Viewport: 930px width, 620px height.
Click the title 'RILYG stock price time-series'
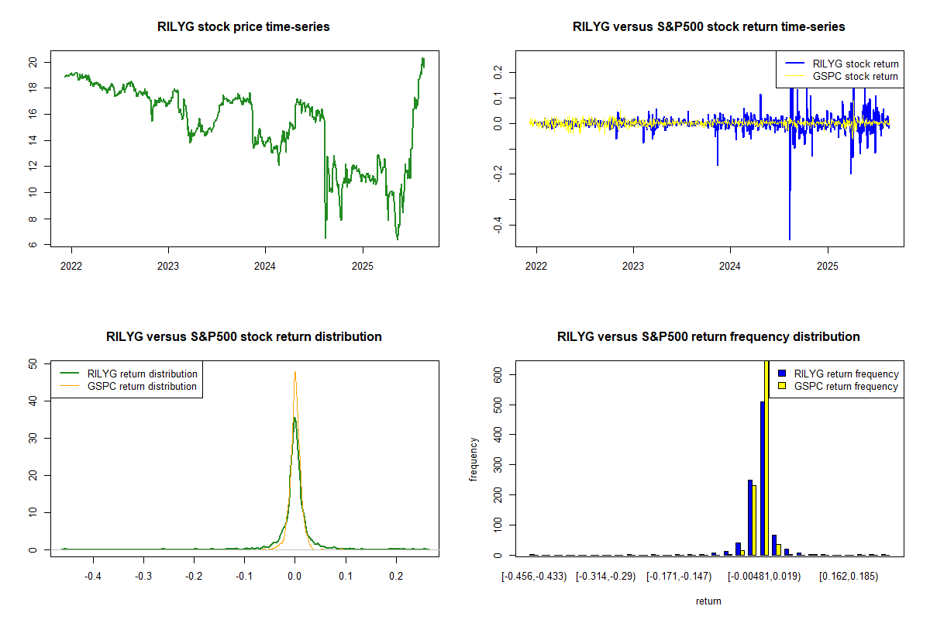(x=244, y=27)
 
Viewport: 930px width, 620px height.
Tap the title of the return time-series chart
(x=708, y=27)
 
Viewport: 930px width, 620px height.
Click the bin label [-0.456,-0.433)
(x=534, y=577)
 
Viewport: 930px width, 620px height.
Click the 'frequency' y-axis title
(x=473, y=460)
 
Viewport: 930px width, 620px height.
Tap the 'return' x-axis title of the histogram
(x=708, y=601)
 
